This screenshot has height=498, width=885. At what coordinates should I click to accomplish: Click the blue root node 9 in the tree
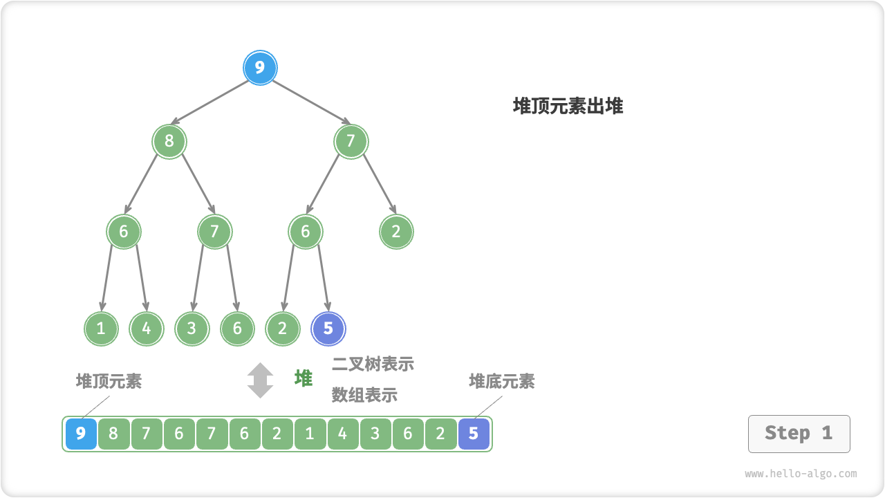pyautogui.click(x=260, y=68)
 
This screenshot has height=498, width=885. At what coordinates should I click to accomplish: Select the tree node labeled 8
pyautogui.click(x=169, y=141)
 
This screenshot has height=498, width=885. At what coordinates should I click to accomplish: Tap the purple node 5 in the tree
pyautogui.click(x=328, y=329)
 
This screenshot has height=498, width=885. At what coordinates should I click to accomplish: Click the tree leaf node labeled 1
pyautogui.click(x=101, y=329)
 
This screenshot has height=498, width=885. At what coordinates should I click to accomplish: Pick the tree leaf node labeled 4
pyautogui.click(x=147, y=329)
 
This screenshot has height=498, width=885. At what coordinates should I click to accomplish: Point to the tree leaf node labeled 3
pyautogui.click(x=192, y=329)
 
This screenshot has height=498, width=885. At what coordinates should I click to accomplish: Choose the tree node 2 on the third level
pyautogui.click(x=396, y=231)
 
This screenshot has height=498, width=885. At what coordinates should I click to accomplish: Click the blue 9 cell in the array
pyautogui.click(x=81, y=434)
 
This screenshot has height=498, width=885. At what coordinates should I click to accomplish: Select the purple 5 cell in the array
pyautogui.click(x=474, y=434)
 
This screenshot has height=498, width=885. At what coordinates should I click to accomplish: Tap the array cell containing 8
pyautogui.click(x=113, y=434)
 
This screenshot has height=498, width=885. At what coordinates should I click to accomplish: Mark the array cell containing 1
pyautogui.click(x=310, y=434)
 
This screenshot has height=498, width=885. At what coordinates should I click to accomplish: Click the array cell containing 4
pyautogui.click(x=342, y=434)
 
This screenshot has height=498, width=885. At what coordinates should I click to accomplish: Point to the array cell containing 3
pyautogui.click(x=375, y=434)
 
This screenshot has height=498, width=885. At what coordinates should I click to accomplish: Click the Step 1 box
pyautogui.click(x=799, y=434)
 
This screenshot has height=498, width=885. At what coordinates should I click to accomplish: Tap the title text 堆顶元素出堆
pyautogui.click(x=568, y=106)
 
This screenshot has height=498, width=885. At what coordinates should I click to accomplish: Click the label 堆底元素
pyautogui.click(x=501, y=381)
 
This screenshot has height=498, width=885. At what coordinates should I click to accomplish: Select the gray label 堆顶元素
pyautogui.click(x=109, y=381)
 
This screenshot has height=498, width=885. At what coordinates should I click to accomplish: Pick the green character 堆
pyautogui.click(x=304, y=378)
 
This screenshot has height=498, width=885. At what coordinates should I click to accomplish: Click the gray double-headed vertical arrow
pyautogui.click(x=260, y=380)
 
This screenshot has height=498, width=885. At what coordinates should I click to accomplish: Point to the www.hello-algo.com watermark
pyautogui.click(x=801, y=474)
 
